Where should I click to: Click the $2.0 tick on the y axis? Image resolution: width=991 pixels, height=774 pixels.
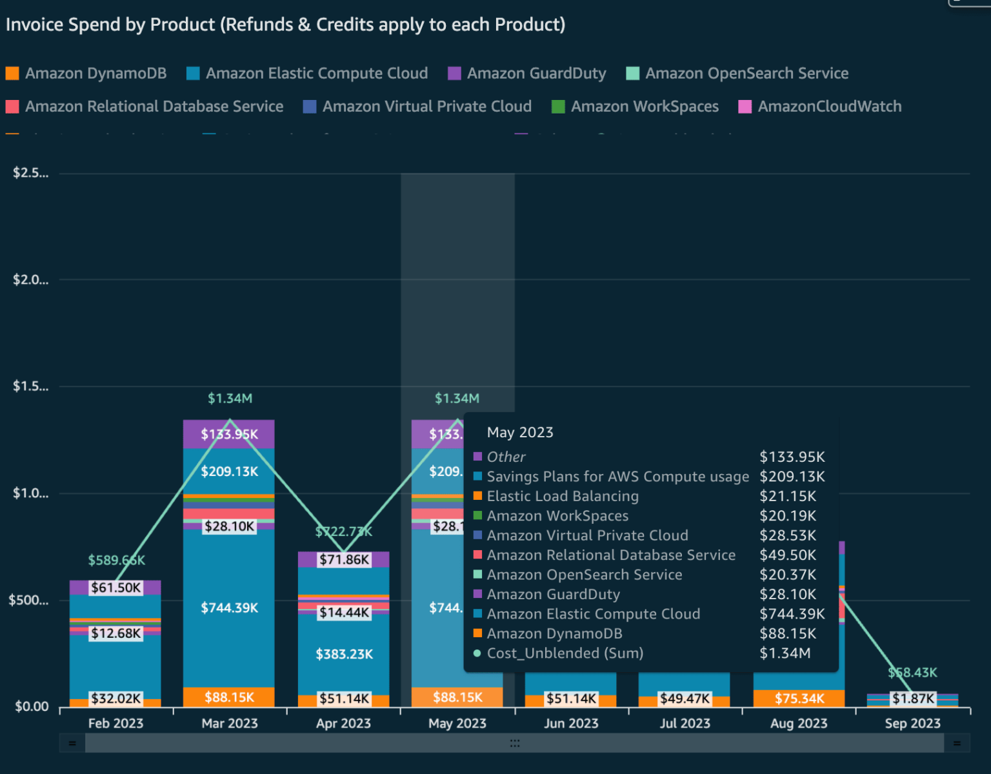coord(30,280)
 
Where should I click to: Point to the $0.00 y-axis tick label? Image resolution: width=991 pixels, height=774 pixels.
coord(32,707)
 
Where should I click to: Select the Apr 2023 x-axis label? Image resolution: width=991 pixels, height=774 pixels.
coord(343,724)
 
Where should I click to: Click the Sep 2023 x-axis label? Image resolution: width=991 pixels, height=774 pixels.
coord(912,724)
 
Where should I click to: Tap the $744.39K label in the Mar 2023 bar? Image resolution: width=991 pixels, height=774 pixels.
coord(229,608)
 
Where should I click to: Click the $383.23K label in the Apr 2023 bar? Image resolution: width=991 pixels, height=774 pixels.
coord(344,655)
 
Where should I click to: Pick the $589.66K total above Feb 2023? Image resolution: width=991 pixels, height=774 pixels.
coord(116,561)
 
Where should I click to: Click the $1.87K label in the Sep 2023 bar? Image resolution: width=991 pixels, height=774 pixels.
coord(913,699)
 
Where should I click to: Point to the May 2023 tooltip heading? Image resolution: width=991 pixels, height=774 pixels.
coord(520,433)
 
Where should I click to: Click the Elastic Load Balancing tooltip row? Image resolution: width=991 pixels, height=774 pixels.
coord(562,497)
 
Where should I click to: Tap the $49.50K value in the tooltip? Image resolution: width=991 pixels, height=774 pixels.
coord(788,555)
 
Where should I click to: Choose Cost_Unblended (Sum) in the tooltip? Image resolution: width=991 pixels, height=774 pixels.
coord(565,653)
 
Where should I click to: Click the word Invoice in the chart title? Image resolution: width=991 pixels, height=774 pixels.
coord(35,25)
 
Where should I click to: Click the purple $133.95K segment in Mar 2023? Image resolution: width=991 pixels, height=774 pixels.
coord(229,435)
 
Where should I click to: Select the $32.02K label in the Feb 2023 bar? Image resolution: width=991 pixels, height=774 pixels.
coord(115,699)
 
